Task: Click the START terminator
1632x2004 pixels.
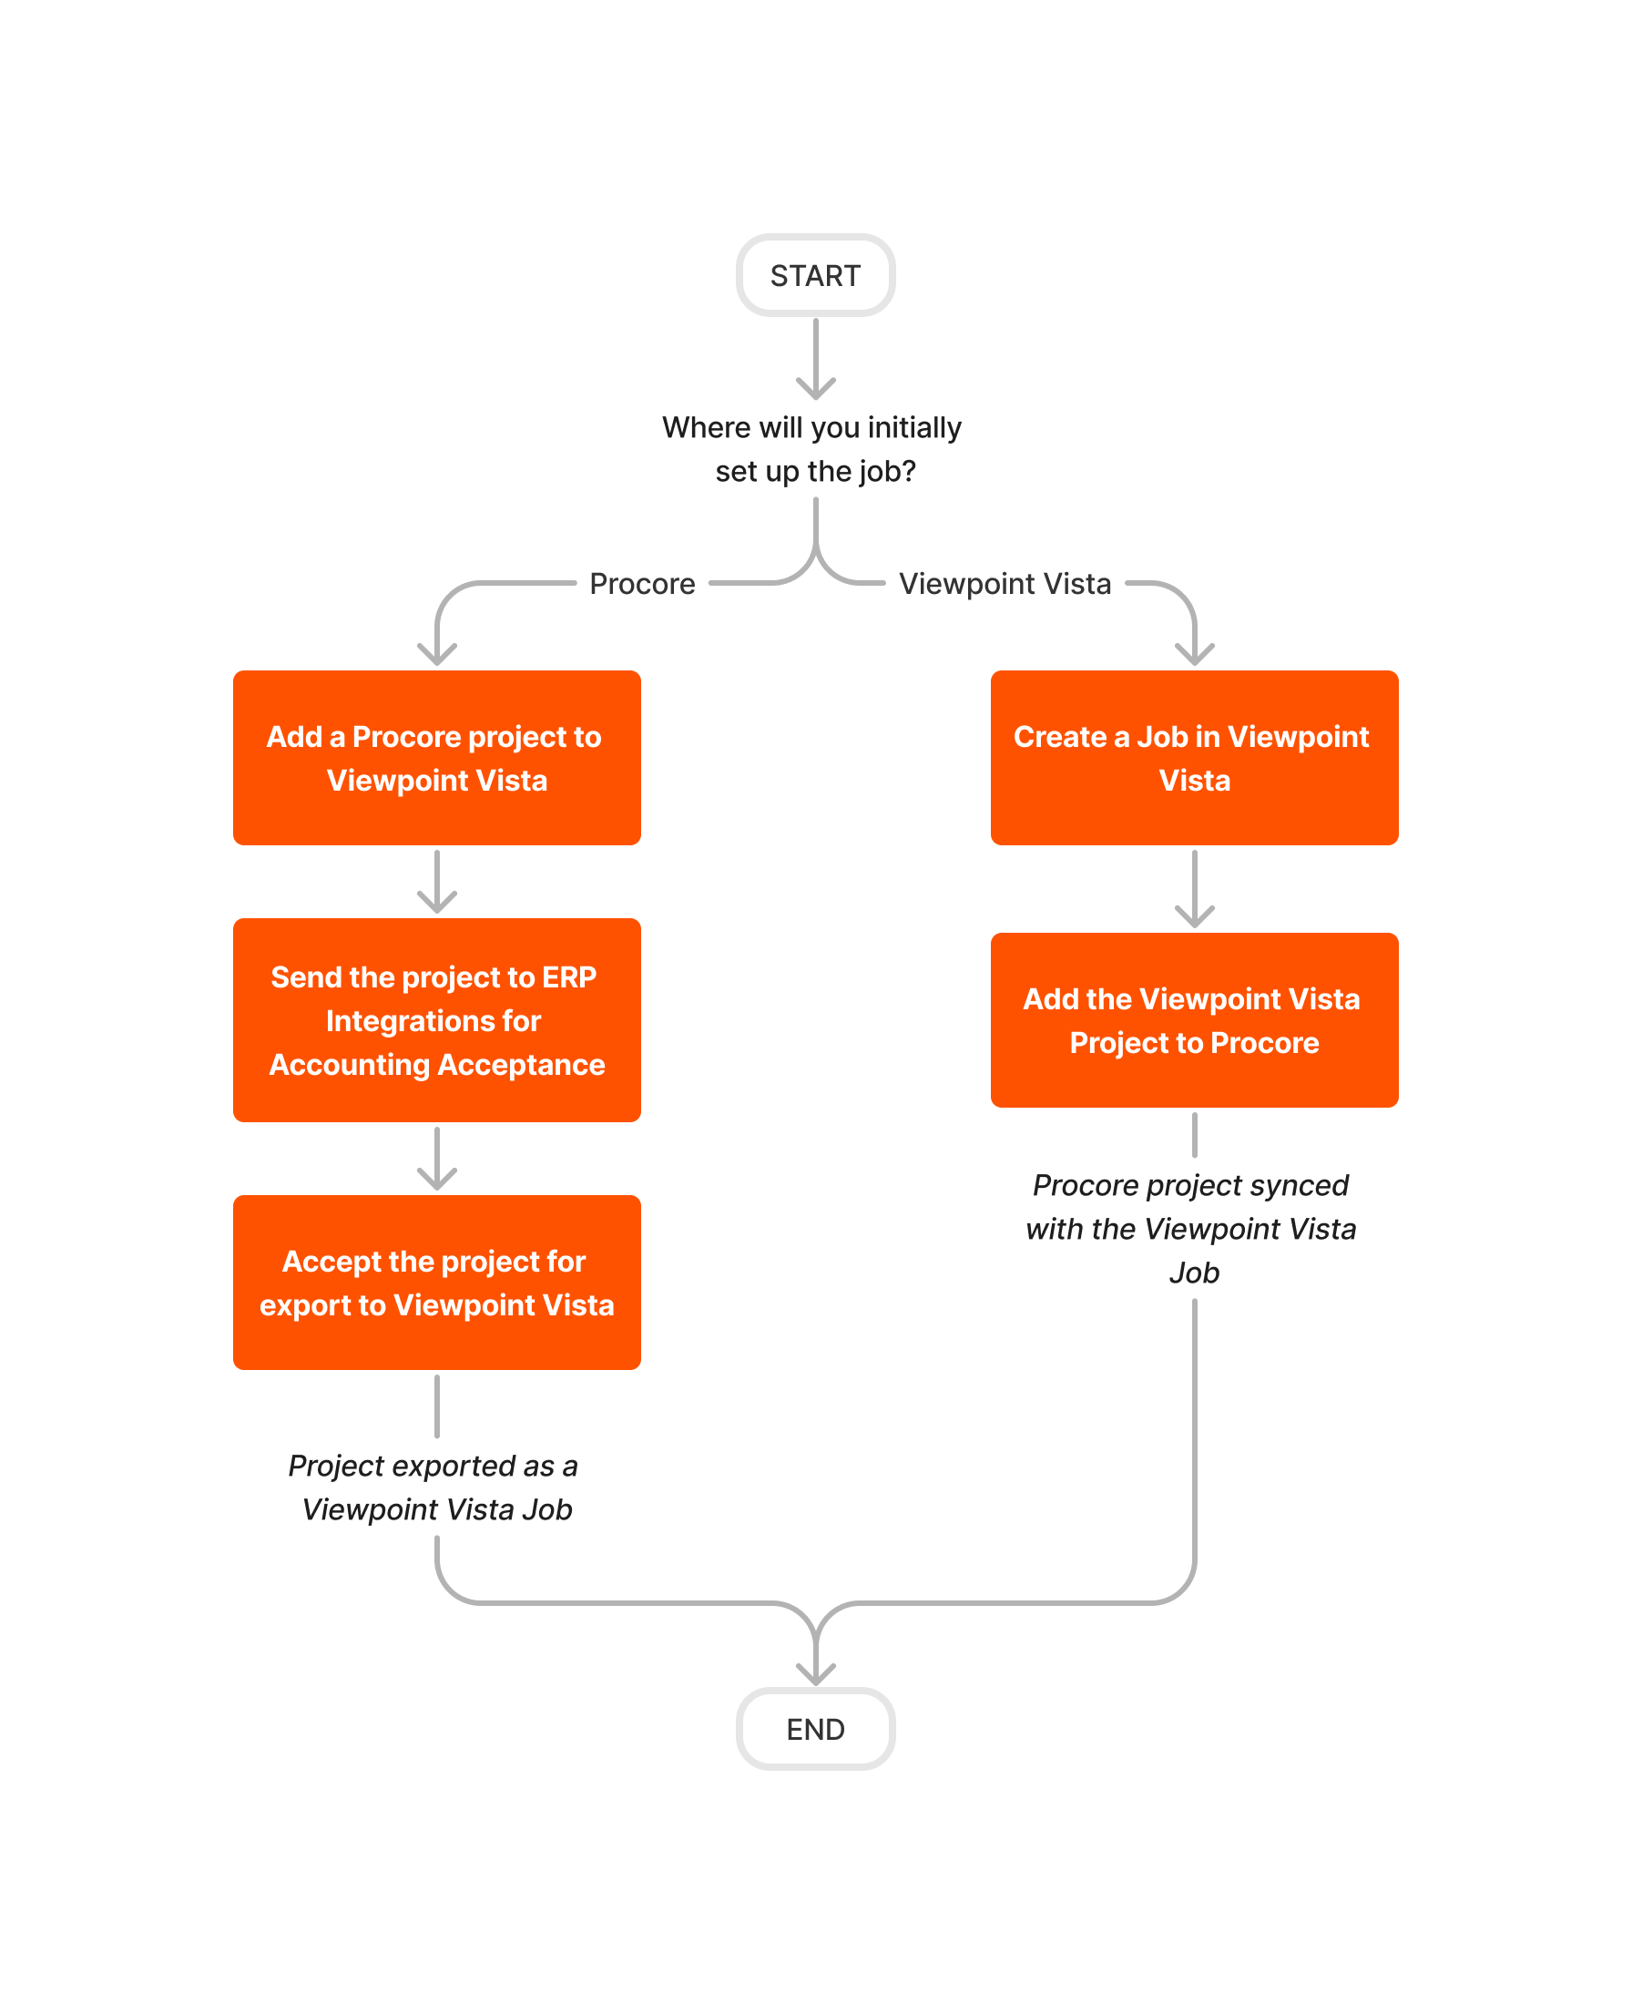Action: click(x=815, y=275)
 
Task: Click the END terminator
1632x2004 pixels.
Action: click(x=815, y=1729)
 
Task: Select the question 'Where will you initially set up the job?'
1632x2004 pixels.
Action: click(x=812, y=448)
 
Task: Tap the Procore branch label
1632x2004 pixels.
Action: click(x=642, y=584)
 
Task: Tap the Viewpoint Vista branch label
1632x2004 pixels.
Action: click(x=1004, y=584)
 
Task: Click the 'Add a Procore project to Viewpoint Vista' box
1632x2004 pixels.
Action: click(x=437, y=758)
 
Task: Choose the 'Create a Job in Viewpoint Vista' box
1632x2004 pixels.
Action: click(x=1194, y=758)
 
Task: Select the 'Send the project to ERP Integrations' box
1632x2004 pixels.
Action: click(x=437, y=1020)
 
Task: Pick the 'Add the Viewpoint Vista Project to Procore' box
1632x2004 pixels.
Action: click(x=1194, y=1020)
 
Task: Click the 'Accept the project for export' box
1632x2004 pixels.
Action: click(x=437, y=1283)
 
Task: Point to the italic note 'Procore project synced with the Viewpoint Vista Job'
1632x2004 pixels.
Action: click(x=1191, y=1228)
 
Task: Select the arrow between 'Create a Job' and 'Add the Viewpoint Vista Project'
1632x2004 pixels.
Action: click(x=1194, y=889)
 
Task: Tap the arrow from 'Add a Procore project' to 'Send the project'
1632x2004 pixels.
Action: click(x=437, y=881)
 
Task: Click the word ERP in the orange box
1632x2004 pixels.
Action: click(x=569, y=977)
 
